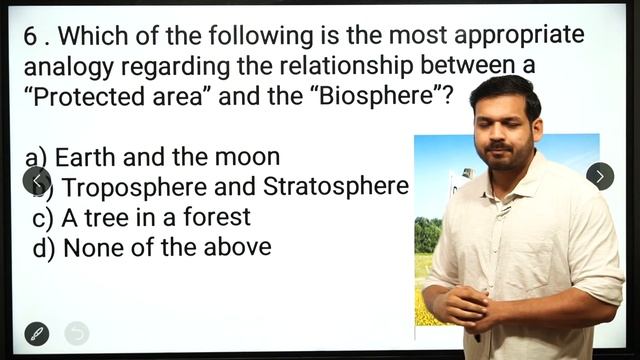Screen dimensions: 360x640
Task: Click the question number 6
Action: pos(33,37)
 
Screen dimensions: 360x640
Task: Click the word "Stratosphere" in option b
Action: pos(336,187)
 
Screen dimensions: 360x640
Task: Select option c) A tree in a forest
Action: pos(141,217)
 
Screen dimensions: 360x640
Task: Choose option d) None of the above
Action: pos(152,247)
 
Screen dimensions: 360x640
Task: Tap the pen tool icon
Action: pos(36,333)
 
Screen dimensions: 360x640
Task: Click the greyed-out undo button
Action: pos(77,333)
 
